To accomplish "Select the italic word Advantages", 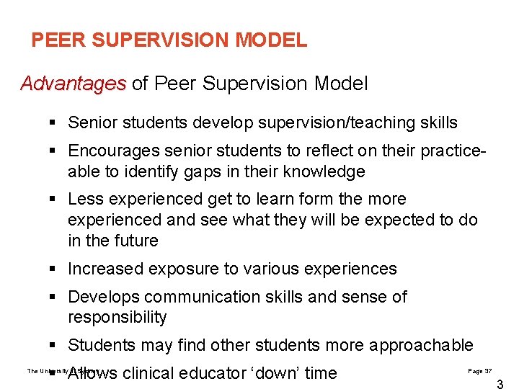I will pos(74,84).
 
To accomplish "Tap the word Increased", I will pos(105,269).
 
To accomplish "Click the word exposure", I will pos(177,269).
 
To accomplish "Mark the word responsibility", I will pos(117,317).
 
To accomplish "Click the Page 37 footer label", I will pos(479,371).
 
